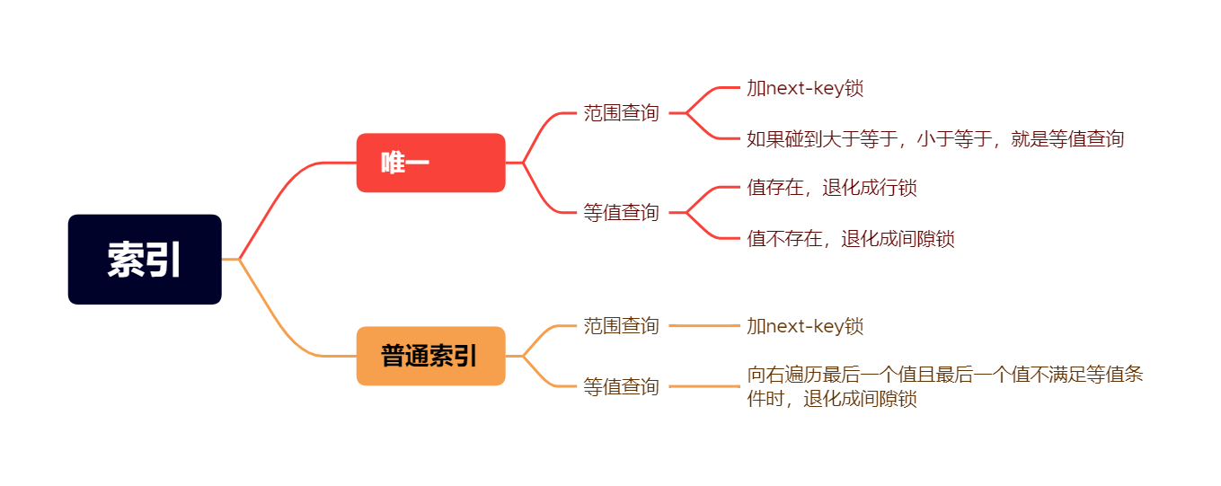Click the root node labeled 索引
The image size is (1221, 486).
pos(145,260)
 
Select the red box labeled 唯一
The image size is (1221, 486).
pos(430,163)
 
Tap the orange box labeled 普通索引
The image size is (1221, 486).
pos(430,356)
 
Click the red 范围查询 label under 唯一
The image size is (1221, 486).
pos(621,113)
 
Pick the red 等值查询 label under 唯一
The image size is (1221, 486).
pos(621,213)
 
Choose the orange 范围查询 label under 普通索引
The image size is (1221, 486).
pos(621,325)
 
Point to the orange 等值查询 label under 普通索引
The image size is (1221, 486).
pos(621,387)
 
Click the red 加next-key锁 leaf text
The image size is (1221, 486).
pos(805,88)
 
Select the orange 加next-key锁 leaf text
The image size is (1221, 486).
pos(805,326)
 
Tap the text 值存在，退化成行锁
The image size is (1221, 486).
pos(831,188)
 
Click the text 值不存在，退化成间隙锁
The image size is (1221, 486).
pos(850,239)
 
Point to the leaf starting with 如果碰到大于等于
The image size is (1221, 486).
pos(935,139)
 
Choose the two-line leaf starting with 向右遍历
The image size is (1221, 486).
pos(943,386)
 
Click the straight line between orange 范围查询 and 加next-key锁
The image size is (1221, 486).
pos(703,326)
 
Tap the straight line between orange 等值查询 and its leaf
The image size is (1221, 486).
pos(703,386)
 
